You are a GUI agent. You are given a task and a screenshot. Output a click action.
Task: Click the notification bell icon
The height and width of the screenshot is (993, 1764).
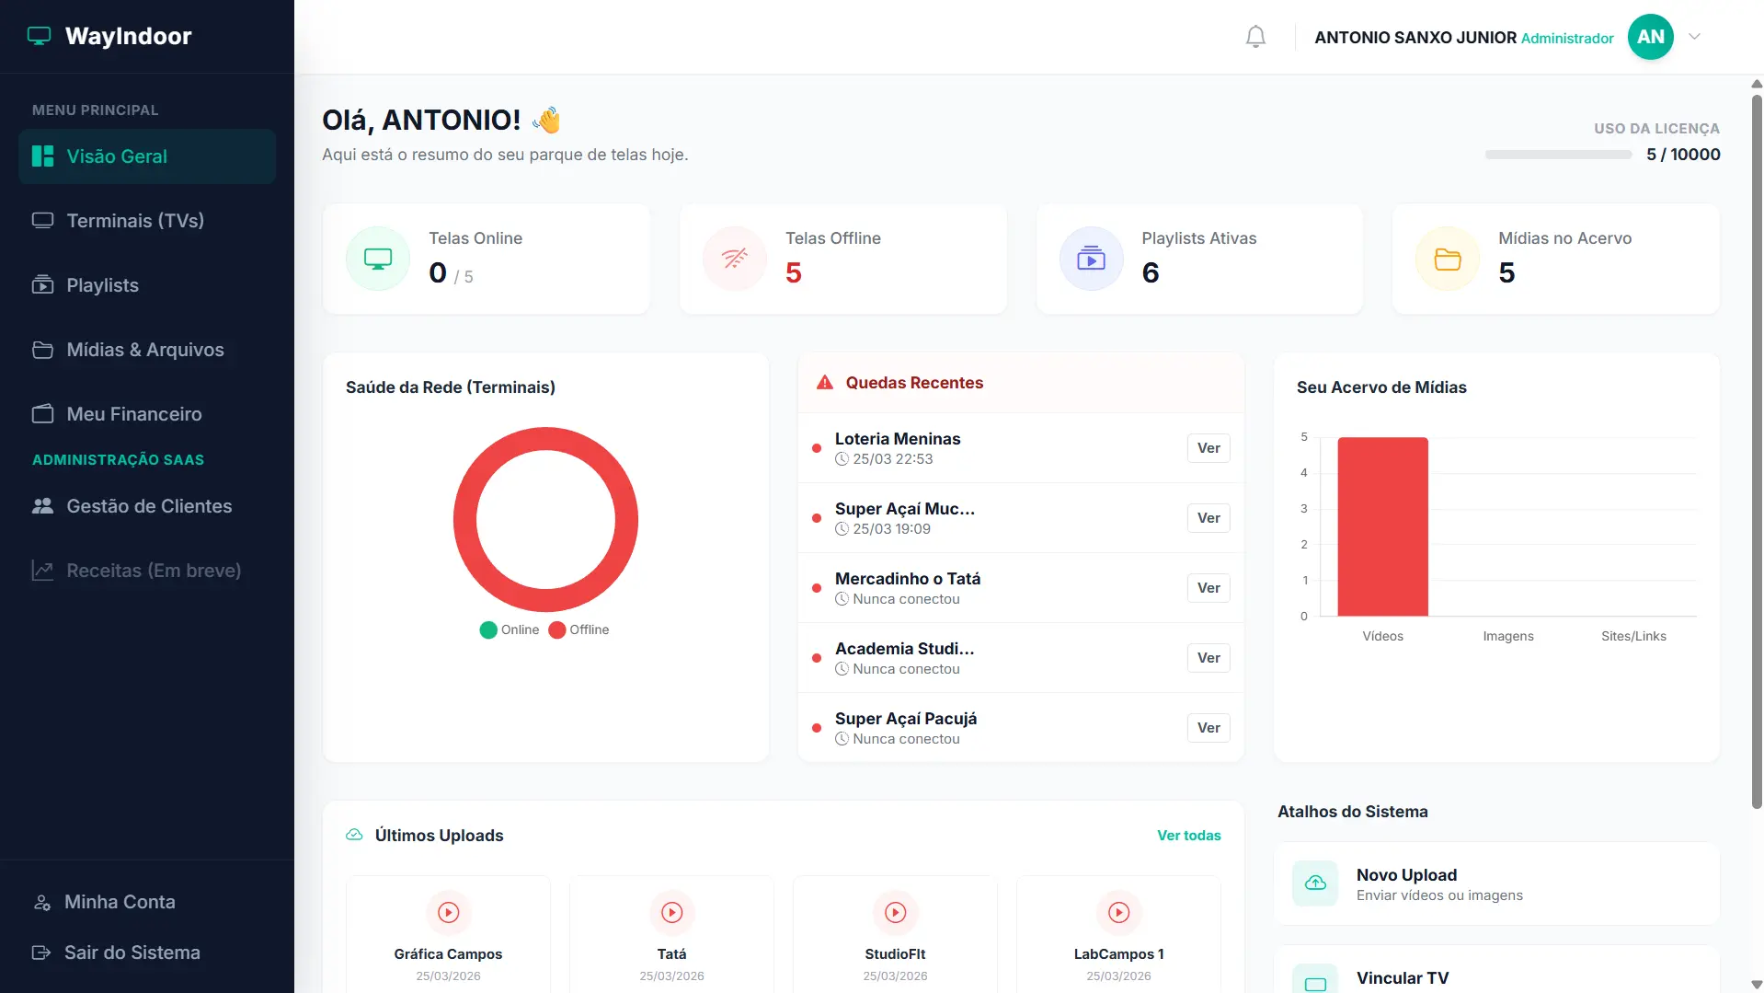[1255, 37]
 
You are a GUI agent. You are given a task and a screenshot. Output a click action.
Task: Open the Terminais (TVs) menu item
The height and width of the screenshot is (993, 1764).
[135, 221]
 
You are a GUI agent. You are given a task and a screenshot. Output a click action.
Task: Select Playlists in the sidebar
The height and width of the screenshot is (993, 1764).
[102, 285]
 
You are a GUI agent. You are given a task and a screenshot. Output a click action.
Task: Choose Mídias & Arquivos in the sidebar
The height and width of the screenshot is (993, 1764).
[145, 350]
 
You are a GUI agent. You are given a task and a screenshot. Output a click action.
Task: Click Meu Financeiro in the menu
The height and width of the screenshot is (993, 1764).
[134, 414]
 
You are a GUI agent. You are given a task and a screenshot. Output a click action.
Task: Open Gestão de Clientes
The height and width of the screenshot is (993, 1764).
[149, 506]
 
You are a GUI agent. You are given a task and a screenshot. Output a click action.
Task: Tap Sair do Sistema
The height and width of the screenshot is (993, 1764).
[132, 953]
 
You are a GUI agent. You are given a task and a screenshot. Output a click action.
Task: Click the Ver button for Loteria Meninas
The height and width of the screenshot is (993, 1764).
[1208, 448]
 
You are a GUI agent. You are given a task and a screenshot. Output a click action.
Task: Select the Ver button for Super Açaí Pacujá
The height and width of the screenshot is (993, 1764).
[1208, 728]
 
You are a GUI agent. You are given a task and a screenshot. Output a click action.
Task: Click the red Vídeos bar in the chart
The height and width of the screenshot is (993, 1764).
[1382, 526]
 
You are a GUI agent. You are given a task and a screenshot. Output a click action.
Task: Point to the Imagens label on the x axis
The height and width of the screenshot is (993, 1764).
[1508, 636]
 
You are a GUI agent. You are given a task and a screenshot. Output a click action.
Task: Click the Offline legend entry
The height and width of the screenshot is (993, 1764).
[578, 629]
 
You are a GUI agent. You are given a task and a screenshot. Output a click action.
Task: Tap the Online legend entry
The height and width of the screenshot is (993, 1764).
[510, 629]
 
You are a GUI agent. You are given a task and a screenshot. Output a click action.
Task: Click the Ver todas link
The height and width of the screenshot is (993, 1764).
[1189, 836]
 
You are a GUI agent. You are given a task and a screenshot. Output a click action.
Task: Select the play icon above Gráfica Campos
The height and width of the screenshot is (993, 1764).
[449, 912]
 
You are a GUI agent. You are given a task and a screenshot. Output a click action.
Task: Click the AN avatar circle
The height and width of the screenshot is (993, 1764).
[1650, 37]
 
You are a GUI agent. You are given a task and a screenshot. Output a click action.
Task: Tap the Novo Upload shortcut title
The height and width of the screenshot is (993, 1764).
[1406, 875]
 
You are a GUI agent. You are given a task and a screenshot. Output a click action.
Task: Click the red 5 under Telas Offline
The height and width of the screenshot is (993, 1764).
[794, 273]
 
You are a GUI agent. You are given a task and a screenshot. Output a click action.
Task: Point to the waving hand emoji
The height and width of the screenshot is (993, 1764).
[547, 120]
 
